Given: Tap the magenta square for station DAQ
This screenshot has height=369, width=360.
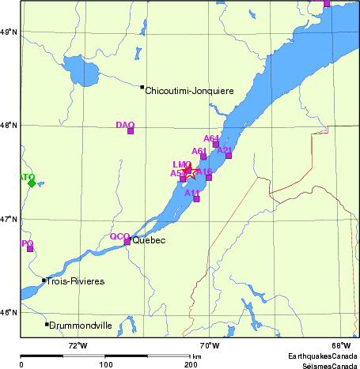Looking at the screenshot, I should [131, 131].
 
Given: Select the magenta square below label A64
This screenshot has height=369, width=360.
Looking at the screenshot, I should [215, 145].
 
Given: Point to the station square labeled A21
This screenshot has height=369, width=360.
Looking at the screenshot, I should [229, 156].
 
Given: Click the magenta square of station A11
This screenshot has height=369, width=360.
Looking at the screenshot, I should [196, 199].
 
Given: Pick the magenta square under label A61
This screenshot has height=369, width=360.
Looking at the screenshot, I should [203, 156].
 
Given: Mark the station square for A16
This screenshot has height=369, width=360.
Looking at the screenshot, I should [209, 177].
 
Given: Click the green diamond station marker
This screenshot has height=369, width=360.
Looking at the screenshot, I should [32, 183].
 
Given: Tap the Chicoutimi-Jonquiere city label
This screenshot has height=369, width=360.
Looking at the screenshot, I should [189, 91].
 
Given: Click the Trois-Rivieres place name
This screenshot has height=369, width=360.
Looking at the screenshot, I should [76, 281].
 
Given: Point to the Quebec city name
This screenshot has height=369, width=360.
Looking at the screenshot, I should [149, 240].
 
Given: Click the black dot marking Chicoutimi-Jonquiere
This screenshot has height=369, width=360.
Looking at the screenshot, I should [142, 87].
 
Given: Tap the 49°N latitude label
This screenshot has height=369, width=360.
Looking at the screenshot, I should [9, 32].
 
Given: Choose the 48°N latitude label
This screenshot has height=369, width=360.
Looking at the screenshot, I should [9, 125].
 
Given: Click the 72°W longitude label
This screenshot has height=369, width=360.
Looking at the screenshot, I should [78, 345].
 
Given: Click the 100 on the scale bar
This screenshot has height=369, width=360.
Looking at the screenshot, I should [105, 364].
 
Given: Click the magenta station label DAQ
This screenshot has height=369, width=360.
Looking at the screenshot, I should [125, 125].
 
